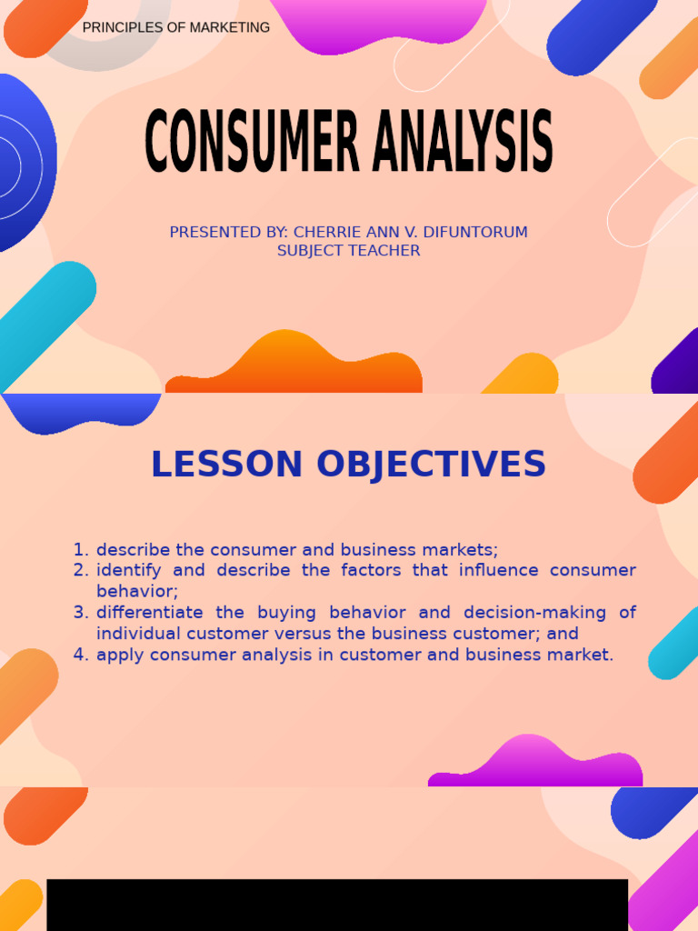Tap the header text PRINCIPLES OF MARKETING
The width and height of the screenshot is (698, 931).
176,28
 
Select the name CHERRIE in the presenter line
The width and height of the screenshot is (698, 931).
326,233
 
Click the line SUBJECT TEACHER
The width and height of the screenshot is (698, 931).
349,251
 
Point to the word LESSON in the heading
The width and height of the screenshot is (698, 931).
226,465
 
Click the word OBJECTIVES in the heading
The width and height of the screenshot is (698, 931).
431,465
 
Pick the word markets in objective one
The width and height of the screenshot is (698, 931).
463,550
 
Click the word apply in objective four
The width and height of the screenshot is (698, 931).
118,656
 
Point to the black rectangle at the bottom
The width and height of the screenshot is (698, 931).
337,905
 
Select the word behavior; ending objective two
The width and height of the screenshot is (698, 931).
137,592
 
